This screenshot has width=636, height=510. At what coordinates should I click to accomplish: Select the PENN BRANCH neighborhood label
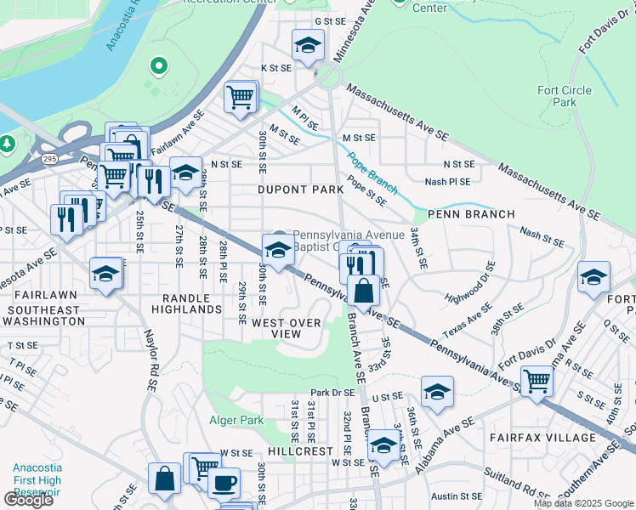(x=471, y=214)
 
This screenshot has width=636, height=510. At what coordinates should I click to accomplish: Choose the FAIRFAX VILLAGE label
(x=542, y=438)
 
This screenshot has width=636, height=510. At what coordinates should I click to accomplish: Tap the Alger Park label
(x=236, y=419)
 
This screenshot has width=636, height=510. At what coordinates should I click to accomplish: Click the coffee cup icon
(x=224, y=482)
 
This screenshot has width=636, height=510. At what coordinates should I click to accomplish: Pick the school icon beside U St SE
(x=437, y=391)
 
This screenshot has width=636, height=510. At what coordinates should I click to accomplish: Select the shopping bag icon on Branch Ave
(x=363, y=291)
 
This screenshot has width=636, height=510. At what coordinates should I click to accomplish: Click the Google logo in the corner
(x=28, y=500)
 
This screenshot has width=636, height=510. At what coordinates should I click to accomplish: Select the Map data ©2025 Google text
(x=582, y=503)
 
